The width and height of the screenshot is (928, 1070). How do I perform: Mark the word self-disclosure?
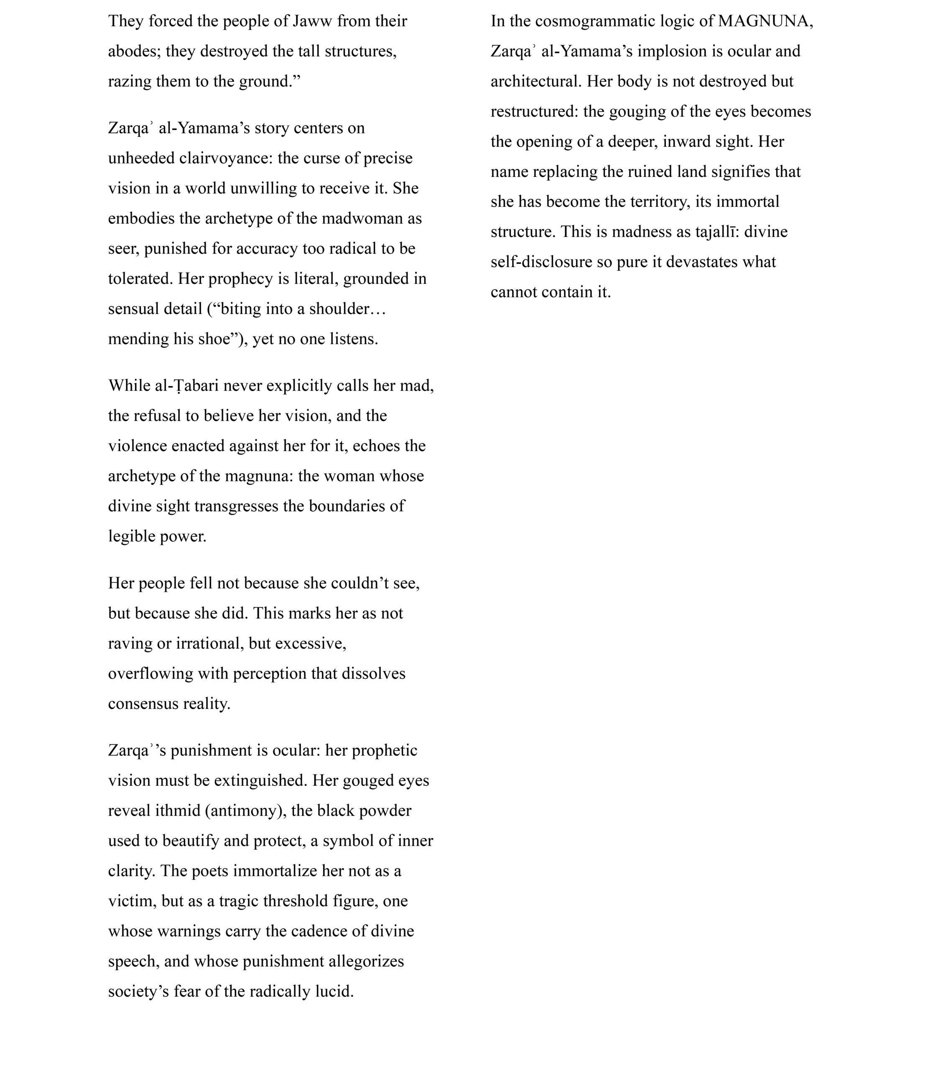[x=540, y=262]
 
